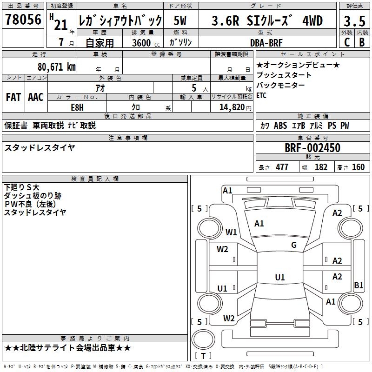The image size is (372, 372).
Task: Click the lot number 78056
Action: click(23, 20)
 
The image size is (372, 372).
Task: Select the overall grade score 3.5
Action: click(354, 21)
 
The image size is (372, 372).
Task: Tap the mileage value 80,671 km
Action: click(56, 66)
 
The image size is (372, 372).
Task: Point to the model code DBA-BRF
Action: click(266, 43)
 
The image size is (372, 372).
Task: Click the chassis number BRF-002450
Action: click(312, 148)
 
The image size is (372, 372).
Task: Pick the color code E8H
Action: click(77, 107)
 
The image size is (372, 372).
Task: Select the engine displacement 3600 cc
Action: click(146, 43)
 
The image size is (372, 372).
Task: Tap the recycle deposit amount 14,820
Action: click(232, 107)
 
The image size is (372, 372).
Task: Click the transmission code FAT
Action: click(13, 97)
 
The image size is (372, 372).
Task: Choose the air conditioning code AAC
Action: click(36, 97)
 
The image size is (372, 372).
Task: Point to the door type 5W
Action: click(180, 20)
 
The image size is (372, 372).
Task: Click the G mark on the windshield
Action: click(294, 245)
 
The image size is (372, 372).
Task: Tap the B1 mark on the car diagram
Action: click(359, 285)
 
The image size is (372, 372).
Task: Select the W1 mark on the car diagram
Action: click(231, 232)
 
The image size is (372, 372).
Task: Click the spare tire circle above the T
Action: click(203, 339)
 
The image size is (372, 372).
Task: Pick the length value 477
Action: click(282, 167)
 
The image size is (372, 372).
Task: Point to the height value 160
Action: click(358, 167)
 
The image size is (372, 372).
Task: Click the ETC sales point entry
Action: click(261, 95)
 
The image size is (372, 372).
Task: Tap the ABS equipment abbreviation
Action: click(280, 126)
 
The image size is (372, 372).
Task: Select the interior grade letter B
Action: click(362, 42)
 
